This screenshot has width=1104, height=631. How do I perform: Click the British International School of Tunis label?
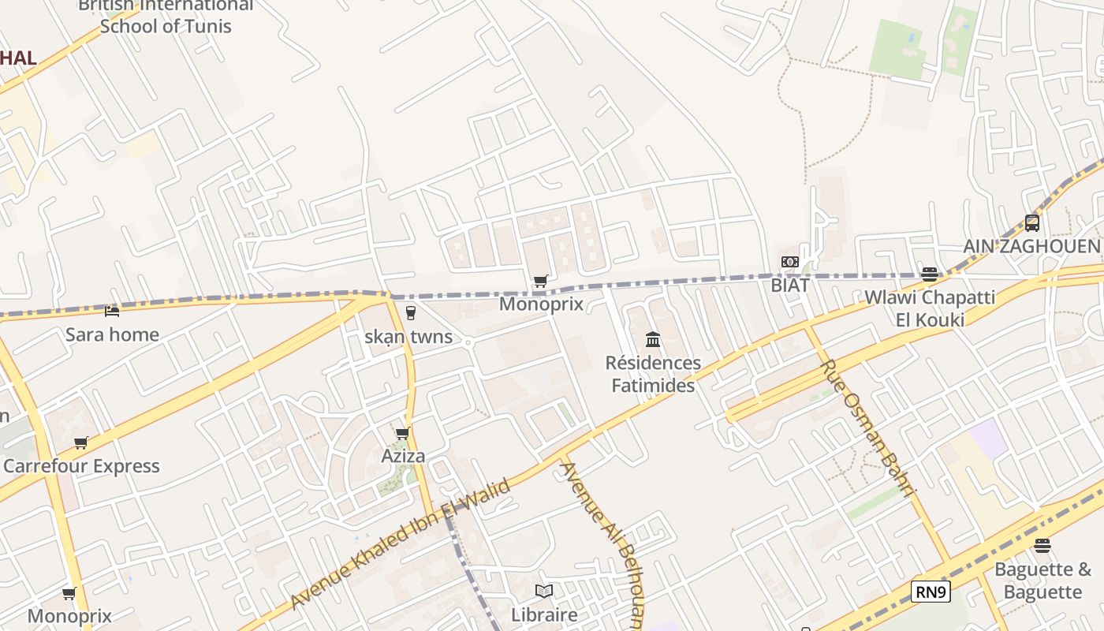166,16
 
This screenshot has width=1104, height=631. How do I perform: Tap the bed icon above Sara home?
112,312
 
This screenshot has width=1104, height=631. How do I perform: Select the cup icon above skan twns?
410,313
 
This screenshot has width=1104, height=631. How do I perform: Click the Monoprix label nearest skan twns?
541,304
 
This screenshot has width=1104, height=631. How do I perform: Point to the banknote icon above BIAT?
790,262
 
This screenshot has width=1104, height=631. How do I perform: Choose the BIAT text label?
790,285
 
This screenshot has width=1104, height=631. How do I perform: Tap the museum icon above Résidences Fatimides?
653,340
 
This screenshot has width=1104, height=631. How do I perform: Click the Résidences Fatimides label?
653,374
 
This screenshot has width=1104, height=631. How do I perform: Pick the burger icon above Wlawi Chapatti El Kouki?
930,274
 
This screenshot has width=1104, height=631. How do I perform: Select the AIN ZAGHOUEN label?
1031,246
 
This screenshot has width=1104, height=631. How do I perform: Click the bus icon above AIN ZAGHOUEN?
1031,223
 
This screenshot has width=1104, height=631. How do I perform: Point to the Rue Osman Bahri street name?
867,428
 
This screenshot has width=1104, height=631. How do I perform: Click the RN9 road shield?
931,592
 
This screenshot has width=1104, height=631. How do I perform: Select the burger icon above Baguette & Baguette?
1042,546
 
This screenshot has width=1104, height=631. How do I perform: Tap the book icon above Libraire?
544,591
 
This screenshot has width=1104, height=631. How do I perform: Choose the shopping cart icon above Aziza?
403,433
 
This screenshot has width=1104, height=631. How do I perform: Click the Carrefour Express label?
81,466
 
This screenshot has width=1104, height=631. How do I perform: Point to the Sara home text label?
112,334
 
